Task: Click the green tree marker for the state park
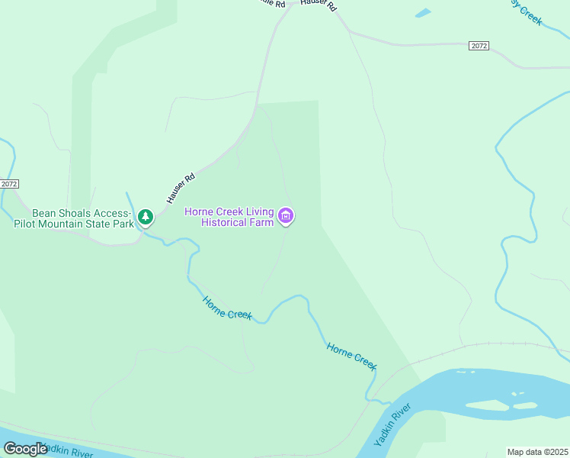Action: point(146,218)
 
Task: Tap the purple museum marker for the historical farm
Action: point(287,216)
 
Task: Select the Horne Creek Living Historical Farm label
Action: point(230,217)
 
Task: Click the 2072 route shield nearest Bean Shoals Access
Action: point(9,184)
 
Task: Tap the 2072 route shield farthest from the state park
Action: point(479,46)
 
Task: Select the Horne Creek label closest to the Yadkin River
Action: point(352,356)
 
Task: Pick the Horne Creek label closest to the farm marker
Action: point(227,308)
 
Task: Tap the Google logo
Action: point(25,449)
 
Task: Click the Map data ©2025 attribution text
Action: point(538,452)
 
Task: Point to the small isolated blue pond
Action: point(422,13)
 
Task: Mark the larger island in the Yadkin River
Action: point(488,405)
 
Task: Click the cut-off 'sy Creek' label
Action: point(527,11)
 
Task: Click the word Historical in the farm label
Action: point(224,222)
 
